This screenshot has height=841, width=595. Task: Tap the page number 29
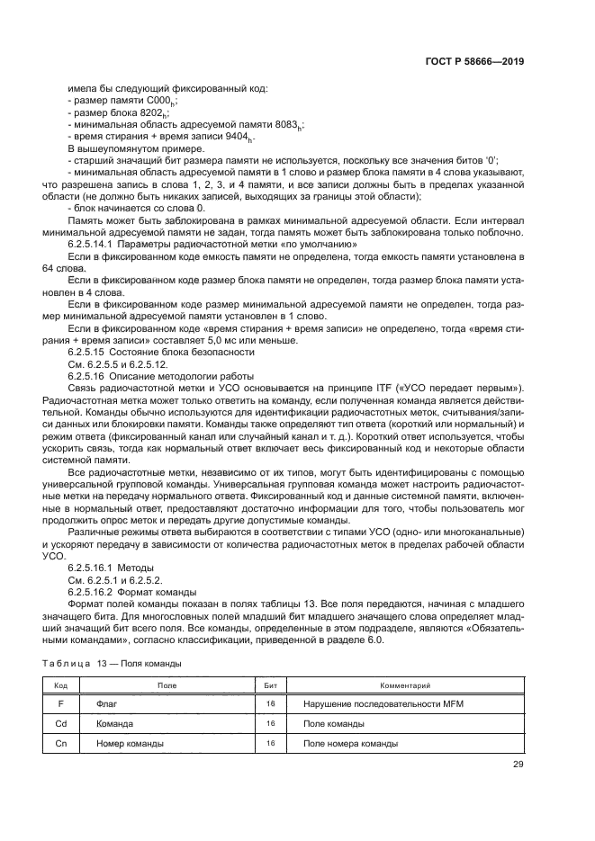click(518, 765)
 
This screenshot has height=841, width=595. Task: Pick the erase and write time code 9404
click(235, 137)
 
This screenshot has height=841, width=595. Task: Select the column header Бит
click(270, 685)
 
